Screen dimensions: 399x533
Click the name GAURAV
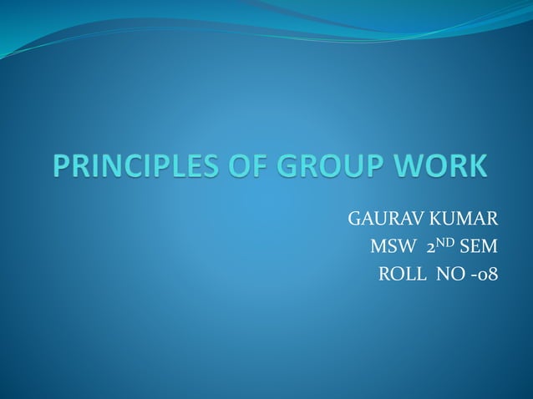click(x=374, y=221)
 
